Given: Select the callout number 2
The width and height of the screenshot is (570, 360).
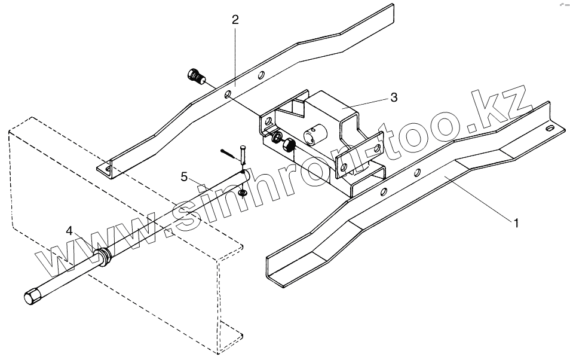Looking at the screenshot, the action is point(235,20).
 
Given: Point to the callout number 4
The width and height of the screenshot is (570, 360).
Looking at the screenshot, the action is point(70,230).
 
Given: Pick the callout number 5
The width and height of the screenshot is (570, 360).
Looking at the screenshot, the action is point(185,176).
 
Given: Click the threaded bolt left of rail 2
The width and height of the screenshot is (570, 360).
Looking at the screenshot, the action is point(195,77).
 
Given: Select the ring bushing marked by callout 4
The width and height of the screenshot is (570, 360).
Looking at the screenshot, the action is point(104,258).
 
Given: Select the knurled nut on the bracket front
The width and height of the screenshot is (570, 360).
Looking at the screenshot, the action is point(290,144).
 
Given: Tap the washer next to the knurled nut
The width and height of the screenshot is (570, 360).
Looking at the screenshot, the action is point(277,138).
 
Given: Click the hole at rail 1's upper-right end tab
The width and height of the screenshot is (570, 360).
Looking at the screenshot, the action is point(546,127).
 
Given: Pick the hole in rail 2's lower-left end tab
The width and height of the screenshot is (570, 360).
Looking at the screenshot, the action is point(108,169).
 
